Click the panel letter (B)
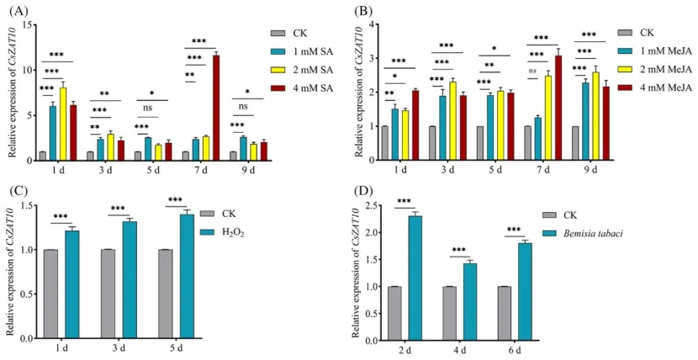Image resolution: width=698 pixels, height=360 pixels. tap(362, 11)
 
